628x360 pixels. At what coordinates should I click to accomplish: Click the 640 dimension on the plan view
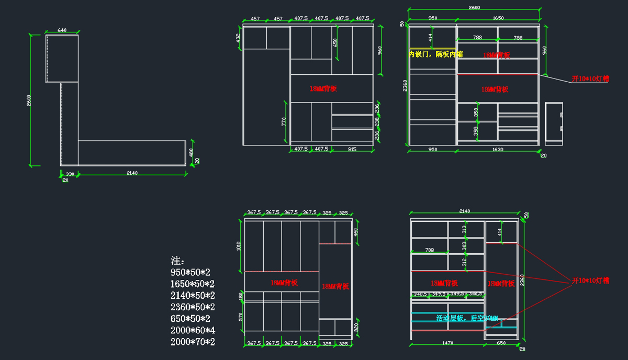click(62, 30)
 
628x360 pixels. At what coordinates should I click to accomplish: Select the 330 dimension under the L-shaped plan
click(70, 174)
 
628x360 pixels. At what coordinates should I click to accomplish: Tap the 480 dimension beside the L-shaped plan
click(192, 152)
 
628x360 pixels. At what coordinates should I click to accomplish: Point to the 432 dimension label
click(238, 38)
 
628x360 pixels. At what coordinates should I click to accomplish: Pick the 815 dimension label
click(352, 149)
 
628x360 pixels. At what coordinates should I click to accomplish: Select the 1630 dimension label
click(498, 150)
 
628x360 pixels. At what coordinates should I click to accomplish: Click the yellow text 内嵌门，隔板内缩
click(435, 54)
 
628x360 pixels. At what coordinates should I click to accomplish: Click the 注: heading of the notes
click(178, 261)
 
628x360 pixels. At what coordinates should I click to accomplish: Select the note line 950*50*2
click(190, 272)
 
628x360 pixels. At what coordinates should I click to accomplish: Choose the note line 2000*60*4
click(193, 330)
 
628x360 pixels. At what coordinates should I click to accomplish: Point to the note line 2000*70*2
click(193, 342)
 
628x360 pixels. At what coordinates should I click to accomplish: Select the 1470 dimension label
click(448, 343)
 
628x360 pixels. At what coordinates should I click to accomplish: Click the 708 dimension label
click(430, 250)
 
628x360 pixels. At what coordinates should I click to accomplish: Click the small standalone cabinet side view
click(554, 123)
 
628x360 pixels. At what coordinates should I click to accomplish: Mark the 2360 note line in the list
click(193, 307)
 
